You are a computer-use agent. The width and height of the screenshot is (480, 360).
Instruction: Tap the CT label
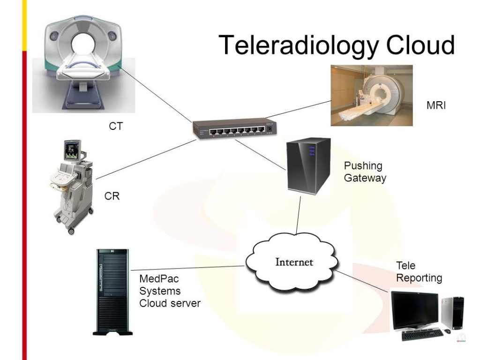coord(116,126)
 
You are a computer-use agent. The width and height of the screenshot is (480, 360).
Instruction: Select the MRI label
coord(436,105)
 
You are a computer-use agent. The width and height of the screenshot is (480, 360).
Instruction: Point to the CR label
coord(112,196)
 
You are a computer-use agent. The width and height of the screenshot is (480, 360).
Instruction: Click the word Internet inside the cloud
coord(294,262)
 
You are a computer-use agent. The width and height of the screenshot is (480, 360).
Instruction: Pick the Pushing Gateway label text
coord(365,172)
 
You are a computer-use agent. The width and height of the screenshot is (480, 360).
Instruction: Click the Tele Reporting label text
coord(419,272)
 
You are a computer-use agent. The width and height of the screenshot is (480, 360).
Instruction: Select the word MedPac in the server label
coord(159,279)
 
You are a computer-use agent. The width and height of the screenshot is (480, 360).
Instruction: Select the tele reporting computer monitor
coord(414,310)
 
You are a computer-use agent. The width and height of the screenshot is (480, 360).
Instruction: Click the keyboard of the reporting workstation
coord(422,334)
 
